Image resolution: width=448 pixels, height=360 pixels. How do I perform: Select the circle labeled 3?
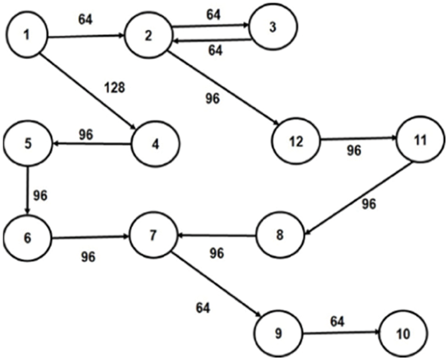(x=273, y=28)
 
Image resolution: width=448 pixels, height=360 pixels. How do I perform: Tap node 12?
(x=296, y=142)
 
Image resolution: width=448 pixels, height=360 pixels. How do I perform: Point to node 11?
(x=419, y=140)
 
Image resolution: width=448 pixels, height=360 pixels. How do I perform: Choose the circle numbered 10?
(x=403, y=333)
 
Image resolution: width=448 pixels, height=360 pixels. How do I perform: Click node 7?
(x=153, y=235)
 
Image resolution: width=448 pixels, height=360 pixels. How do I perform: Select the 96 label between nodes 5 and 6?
(x=40, y=195)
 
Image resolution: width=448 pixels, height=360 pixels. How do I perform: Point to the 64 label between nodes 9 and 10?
(x=337, y=321)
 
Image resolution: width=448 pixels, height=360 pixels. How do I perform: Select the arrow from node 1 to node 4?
(x=90, y=92)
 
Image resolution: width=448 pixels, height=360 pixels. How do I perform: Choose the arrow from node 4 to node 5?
(x=92, y=144)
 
